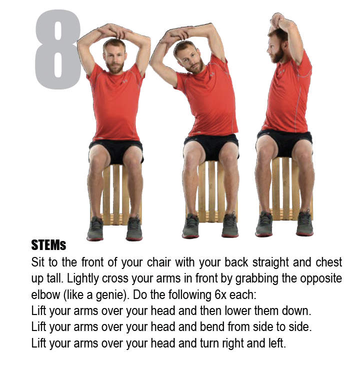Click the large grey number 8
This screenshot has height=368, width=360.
pos(57,50)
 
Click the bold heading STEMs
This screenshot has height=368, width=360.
pos(48,246)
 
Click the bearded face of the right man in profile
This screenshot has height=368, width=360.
pos(276,46)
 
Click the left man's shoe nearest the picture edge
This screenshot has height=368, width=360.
pos(95,229)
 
